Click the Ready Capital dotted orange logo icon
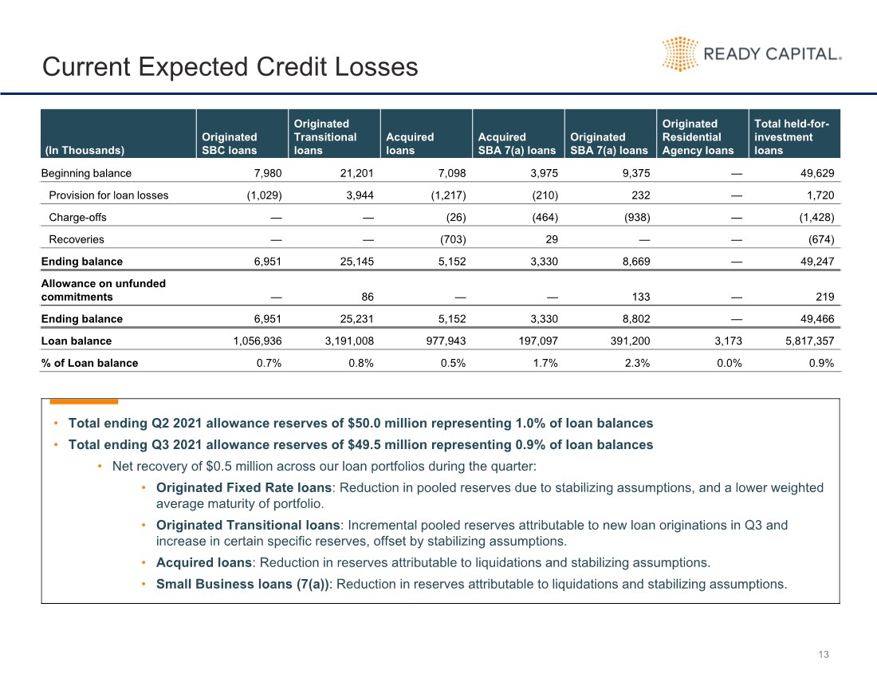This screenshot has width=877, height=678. click(x=679, y=54)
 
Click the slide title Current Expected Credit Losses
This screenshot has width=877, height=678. click(x=230, y=66)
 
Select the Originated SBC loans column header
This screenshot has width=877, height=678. click(x=230, y=144)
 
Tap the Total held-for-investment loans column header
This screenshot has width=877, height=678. click(x=792, y=137)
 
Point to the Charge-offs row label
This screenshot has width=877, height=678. click(x=78, y=217)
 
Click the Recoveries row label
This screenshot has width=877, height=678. click(x=77, y=239)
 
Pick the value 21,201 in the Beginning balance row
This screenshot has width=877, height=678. click(x=357, y=173)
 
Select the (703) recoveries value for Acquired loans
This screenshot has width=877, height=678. click(x=453, y=239)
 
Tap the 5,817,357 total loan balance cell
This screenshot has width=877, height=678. click(x=809, y=341)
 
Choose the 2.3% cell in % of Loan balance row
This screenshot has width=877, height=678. click(x=637, y=363)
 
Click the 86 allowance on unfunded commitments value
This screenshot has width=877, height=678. click(x=368, y=297)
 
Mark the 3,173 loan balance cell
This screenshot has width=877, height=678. click(x=728, y=341)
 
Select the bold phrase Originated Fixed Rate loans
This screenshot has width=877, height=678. click(x=244, y=488)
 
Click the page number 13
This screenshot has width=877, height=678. click(x=824, y=655)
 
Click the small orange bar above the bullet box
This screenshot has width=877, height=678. click(x=84, y=402)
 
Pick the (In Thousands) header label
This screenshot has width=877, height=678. click(x=85, y=151)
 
